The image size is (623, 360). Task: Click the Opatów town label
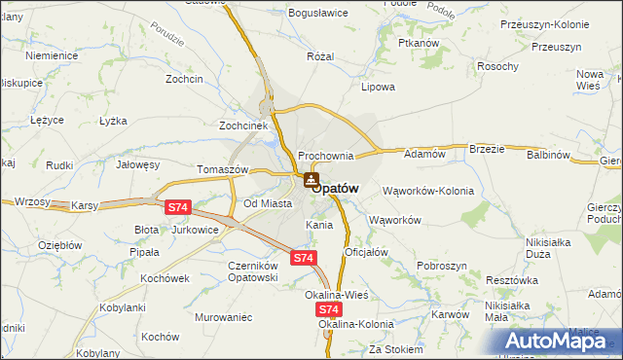[x=341, y=188]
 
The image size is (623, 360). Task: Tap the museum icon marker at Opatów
[x=311, y=179]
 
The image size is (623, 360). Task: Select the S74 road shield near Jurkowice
[x=177, y=207]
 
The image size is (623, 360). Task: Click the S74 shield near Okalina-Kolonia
[x=328, y=307]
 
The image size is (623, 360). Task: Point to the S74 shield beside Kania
[x=303, y=258]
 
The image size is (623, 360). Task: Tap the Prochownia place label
[x=325, y=156]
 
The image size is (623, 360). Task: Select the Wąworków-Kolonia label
[x=428, y=191]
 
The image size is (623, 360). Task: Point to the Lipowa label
[x=378, y=87]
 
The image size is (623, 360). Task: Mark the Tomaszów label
[x=223, y=168]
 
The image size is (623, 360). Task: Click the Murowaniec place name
[x=223, y=317]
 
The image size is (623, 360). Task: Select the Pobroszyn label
[x=442, y=266]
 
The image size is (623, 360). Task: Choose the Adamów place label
[x=423, y=154]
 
